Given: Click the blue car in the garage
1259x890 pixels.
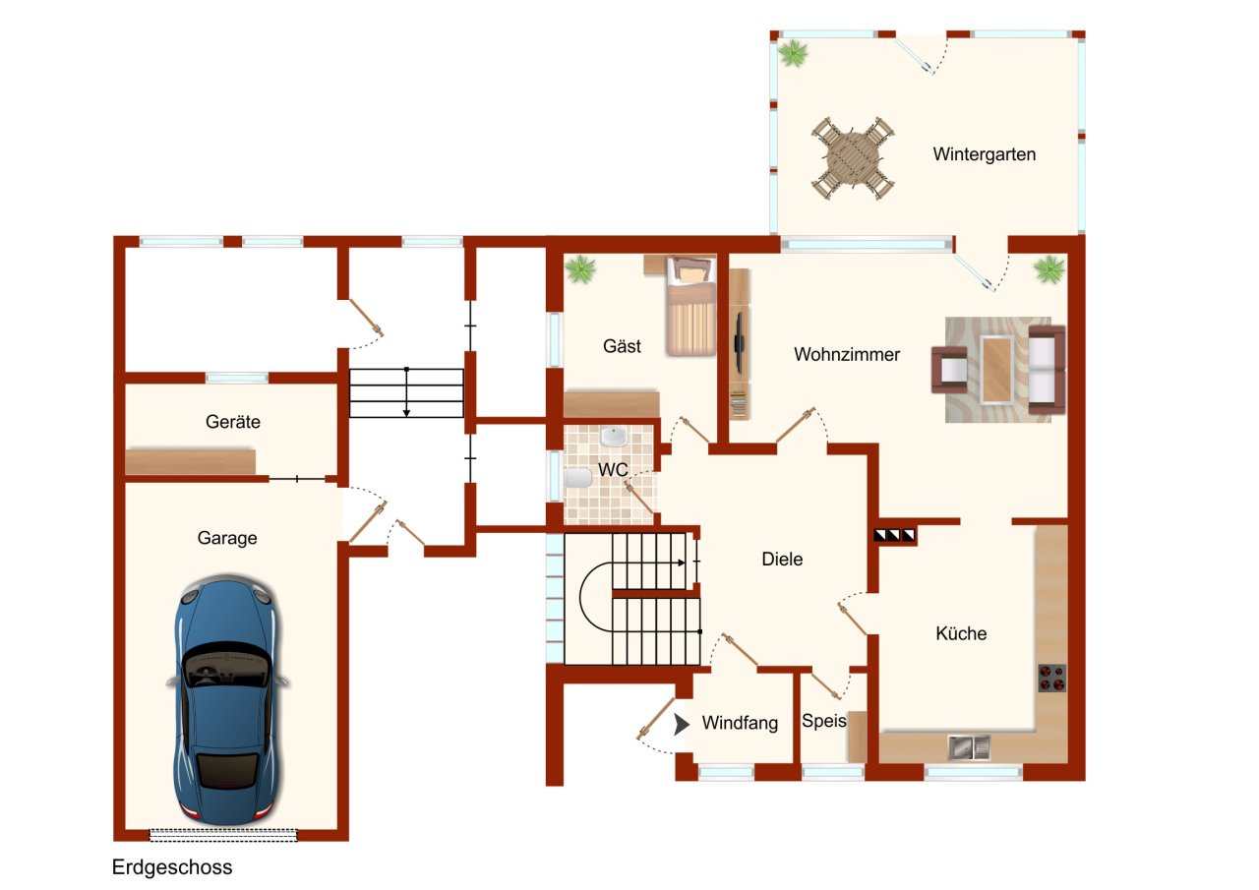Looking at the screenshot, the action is (227, 699).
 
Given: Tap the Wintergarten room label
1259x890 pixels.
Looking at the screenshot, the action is (985, 154).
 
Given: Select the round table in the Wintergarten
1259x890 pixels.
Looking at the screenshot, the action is (852, 158).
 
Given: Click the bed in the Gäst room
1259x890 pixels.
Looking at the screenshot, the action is (691, 306).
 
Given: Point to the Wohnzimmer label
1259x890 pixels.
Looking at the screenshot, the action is (847, 355).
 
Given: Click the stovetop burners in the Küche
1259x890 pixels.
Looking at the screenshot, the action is (1052, 679).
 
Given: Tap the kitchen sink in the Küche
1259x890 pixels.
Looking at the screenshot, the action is (969, 747).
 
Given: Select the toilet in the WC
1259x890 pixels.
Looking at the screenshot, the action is (577, 478).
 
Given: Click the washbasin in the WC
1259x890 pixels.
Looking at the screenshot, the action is (614, 436).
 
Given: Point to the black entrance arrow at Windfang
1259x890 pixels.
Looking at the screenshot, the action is (682, 725).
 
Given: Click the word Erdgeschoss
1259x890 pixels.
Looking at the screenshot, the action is (172, 867).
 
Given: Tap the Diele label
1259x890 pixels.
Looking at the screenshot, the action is (782, 559).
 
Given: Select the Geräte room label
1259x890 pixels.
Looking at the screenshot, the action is (233, 422).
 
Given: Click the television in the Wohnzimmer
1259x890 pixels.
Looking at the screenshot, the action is (741, 343).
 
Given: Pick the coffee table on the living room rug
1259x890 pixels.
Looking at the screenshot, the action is (996, 370).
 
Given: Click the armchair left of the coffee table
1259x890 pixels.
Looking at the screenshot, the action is (949, 369).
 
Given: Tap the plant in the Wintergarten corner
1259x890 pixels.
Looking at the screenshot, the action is (793, 53).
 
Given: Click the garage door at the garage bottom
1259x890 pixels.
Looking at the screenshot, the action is (223, 835).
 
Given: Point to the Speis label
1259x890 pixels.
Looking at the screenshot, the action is (823, 721).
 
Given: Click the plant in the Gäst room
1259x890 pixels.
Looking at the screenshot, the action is (580, 269).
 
